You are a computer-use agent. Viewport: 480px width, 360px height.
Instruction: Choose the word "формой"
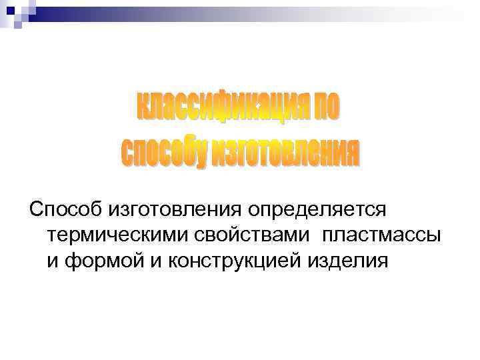pos(97,260)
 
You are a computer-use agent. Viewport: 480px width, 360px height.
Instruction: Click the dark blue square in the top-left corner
pos(11,11)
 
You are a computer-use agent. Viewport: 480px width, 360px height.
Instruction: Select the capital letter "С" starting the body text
pos(35,210)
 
